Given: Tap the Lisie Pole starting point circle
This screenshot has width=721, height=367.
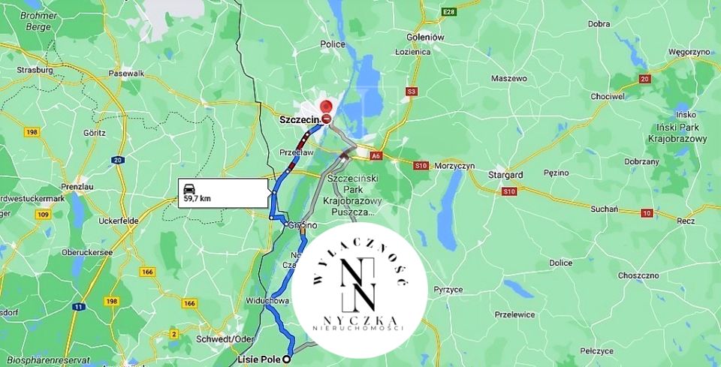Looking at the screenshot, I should (x=286, y=359).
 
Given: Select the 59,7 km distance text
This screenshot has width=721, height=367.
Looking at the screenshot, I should (x=196, y=199).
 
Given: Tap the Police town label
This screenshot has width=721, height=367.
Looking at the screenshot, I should (x=333, y=45).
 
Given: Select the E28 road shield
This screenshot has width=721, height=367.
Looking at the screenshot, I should (x=449, y=12).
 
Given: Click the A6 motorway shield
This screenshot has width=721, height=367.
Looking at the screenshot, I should (x=376, y=156).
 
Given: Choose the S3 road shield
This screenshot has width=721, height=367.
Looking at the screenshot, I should (x=410, y=92).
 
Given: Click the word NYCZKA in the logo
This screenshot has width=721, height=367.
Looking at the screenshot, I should (x=359, y=320).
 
